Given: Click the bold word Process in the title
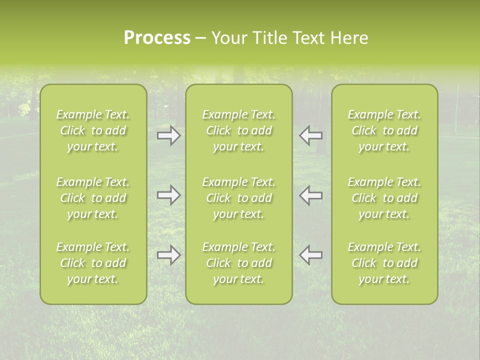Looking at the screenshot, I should point(157,38).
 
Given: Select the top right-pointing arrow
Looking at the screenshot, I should point(169,135).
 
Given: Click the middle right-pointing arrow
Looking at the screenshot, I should point(169,195).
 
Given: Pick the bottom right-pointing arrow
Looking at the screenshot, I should point(169,255).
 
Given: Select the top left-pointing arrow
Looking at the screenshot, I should point(310,135).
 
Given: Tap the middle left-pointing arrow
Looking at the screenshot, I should point(310,195).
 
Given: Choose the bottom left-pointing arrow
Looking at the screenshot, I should point(310,255).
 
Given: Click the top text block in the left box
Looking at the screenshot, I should point(93,130).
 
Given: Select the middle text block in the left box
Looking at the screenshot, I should point(93,198).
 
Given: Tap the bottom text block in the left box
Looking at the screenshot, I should point(93,263).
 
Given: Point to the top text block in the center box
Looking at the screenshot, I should point(239,130).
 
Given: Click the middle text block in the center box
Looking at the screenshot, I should point(239,198).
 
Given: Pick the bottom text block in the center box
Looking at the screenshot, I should point(239,263).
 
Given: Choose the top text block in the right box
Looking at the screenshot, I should point(384,130).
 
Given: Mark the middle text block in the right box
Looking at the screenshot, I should point(384,198).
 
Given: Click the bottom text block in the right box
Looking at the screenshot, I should point(384,263).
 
